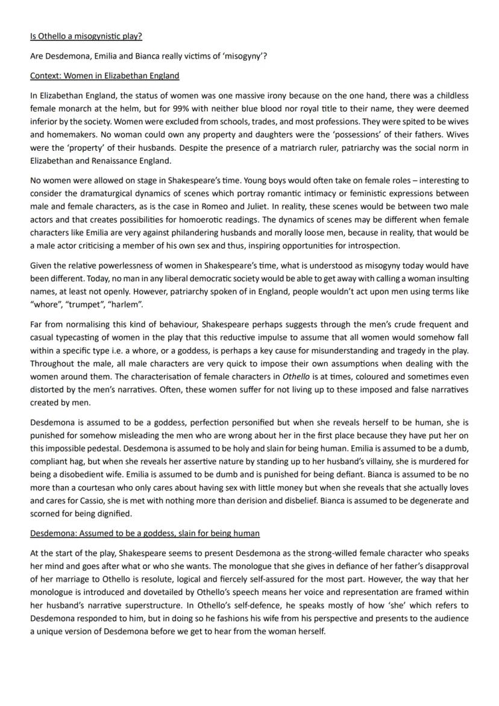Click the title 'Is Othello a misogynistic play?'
point(86,36)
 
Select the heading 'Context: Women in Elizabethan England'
point(104,75)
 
